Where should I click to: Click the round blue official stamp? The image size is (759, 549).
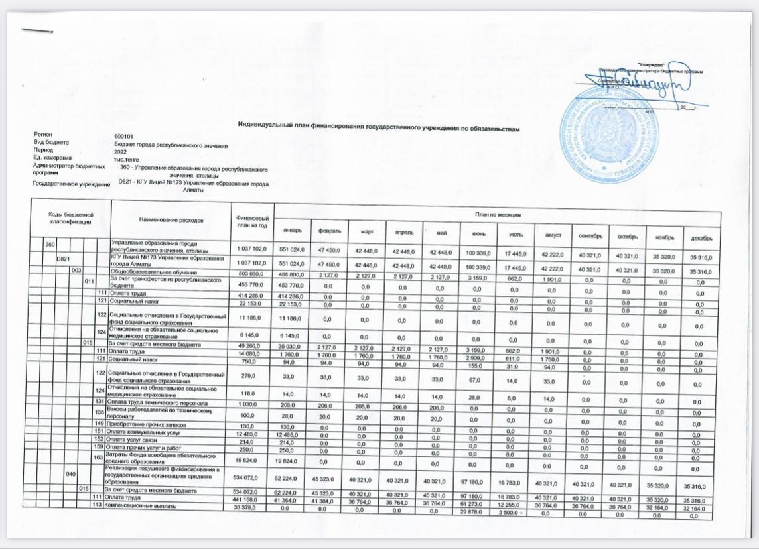[x=610, y=137]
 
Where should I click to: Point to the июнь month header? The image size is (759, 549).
[x=478, y=233]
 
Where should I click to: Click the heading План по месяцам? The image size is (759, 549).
[x=496, y=215]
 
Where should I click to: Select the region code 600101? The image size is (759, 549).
[x=124, y=136]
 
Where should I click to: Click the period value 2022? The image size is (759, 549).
[x=121, y=151]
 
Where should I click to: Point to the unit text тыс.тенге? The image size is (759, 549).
[x=127, y=158]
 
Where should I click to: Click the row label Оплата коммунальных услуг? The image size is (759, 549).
[x=143, y=433]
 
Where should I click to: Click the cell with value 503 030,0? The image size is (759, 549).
[x=250, y=271]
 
